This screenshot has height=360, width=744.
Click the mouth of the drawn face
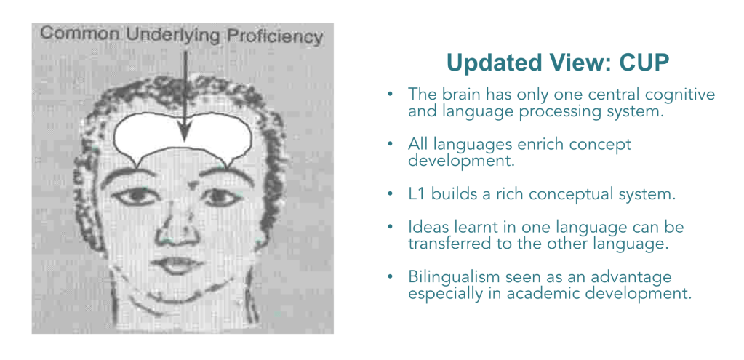pos(176,265)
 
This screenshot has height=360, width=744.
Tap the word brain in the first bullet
pos(460,95)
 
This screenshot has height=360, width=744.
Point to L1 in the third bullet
pos(417,195)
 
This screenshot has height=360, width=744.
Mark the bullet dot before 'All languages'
pos(390,144)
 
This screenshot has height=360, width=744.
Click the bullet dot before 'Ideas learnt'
pos(390,227)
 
